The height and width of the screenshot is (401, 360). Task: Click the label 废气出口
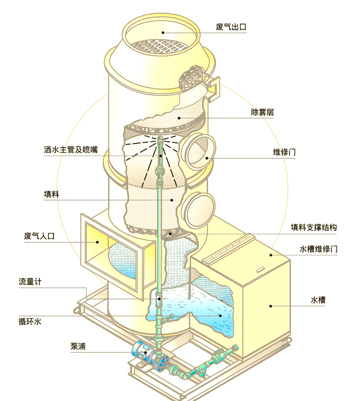tap(231, 27)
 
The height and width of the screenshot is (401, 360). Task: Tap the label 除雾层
tap(262, 112)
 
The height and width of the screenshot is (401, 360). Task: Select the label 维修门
tap(284, 152)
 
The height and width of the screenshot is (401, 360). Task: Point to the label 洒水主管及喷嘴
tap(71, 150)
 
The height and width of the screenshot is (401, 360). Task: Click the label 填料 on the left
tap(51, 194)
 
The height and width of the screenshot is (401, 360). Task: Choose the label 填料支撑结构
tap(314, 227)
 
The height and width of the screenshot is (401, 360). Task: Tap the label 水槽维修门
tap(319, 249)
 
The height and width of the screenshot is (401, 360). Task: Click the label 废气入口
tap(40, 236)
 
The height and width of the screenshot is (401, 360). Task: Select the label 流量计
tap(30, 281)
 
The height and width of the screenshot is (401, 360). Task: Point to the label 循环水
tap(30, 321)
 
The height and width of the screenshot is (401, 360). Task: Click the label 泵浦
tap(78, 346)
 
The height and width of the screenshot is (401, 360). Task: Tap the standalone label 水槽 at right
tap(318, 300)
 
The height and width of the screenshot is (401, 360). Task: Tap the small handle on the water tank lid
tap(261, 269)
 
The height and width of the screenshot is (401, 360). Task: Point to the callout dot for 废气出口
tap(162, 32)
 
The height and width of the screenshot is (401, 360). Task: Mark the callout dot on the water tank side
tap(270, 306)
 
